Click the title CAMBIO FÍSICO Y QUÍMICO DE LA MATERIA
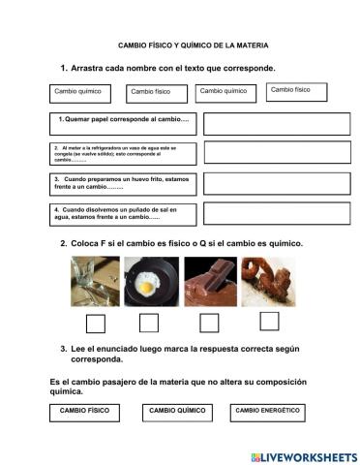pos(193,46)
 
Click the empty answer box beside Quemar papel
pos(264,123)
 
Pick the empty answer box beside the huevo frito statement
pos(264,184)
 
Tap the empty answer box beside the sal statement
pos(264,214)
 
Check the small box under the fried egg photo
pos(149,323)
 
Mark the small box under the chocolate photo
pos(209,323)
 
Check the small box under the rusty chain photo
pos(269,322)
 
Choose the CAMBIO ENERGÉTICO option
pos(267,412)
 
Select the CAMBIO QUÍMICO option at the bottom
pos(178,412)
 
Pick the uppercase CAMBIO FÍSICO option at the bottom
pos(84,412)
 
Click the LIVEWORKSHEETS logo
pos(304,456)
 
